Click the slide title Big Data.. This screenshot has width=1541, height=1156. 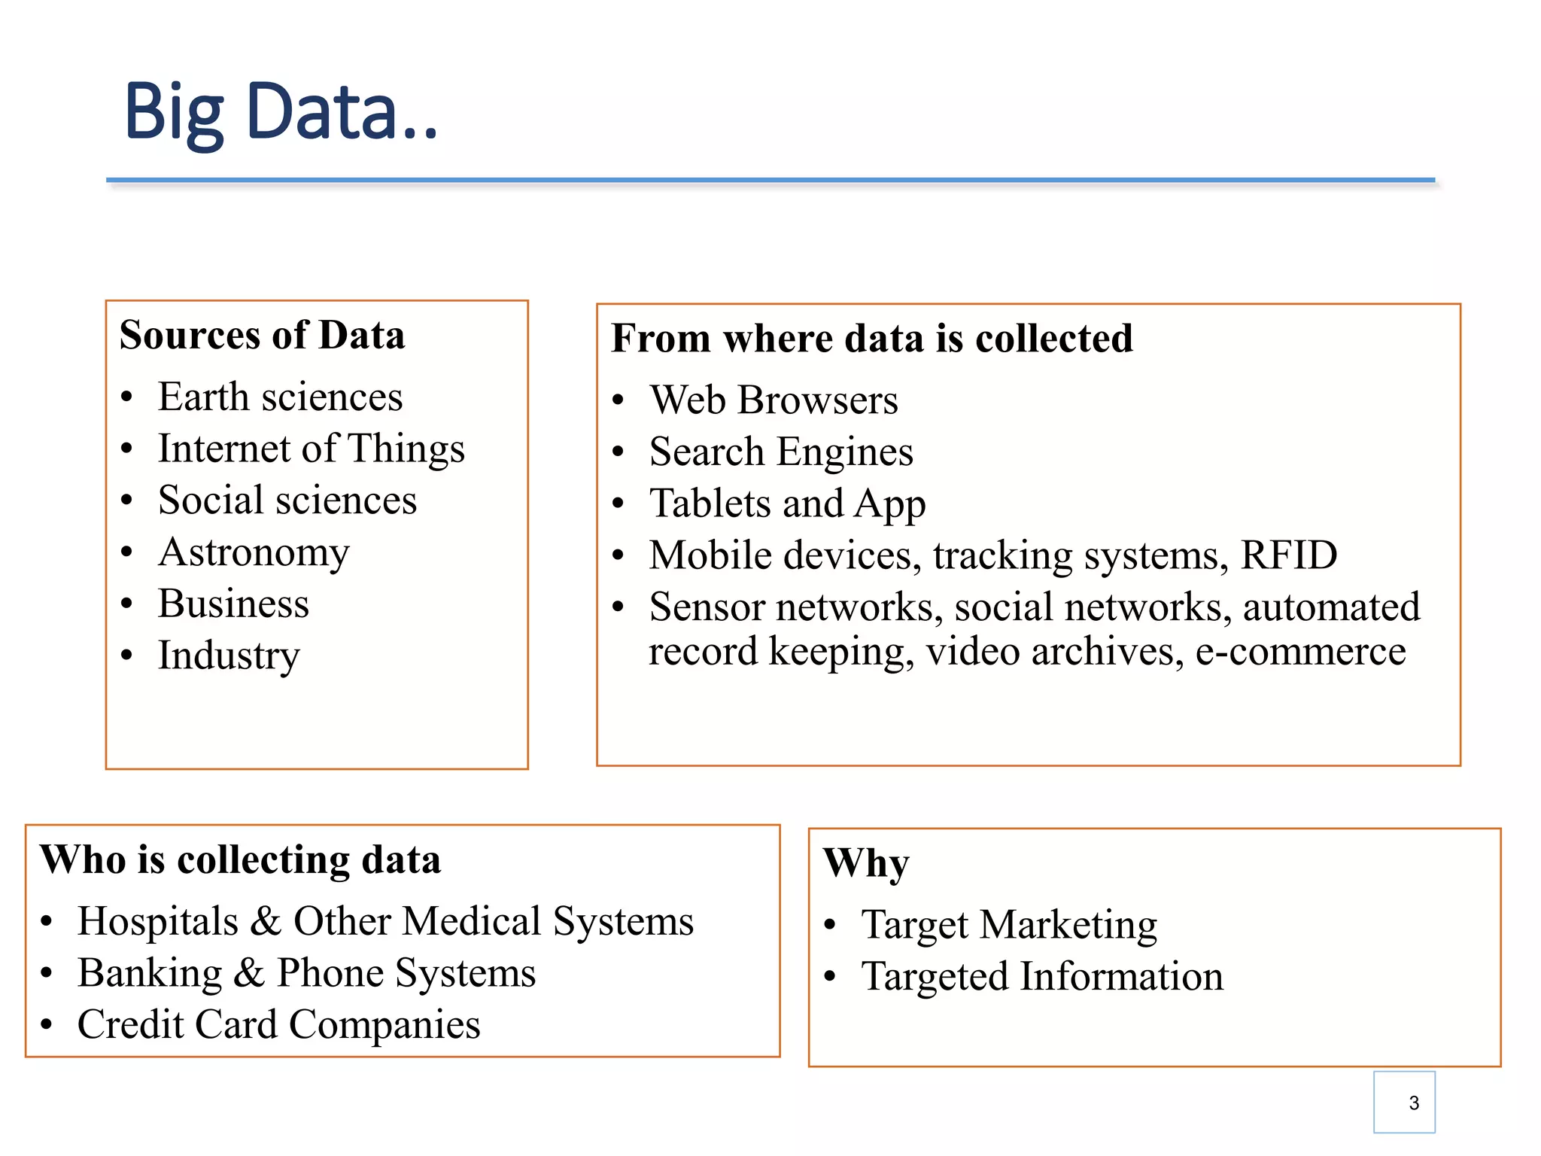tap(280, 113)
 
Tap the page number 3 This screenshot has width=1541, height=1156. tap(1413, 1103)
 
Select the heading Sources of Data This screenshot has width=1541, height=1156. tap(262, 335)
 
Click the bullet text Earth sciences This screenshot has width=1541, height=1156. tap(280, 397)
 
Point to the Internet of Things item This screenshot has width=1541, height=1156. tap(311, 449)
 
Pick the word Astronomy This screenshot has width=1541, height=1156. tap(254, 553)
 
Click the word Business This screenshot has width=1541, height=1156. tap(233, 604)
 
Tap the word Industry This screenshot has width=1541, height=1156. tap(229, 656)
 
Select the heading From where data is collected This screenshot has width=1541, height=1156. tap(871, 338)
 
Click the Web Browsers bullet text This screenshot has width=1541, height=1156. tap(774, 400)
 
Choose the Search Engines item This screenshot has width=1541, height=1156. tap(781, 452)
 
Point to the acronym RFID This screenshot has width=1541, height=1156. tap(1288, 555)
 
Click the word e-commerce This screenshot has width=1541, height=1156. tap(1300, 652)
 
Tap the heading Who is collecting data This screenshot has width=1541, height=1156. tap(240, 859)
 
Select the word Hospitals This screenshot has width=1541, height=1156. tap(158, 921)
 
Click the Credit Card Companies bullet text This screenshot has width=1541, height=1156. tap(278, 1024)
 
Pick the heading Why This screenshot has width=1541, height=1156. tap(865, 863)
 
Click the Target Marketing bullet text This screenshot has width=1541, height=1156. tap(1008, 925)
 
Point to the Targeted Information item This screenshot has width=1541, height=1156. tap(1042, 977)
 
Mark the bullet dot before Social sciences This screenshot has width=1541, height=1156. tap(126, 500)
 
